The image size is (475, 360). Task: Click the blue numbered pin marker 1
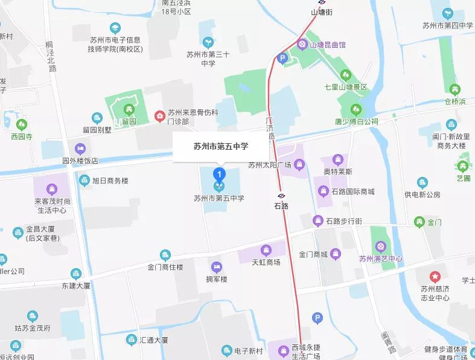pyautogui.click(x=220, y=175)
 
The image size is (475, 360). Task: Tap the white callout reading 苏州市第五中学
pyautogui.click(x=220, y=146)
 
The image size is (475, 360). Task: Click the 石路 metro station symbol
pyautogui.click(x=281, y=196)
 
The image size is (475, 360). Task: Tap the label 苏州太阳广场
pyautogui.click(x=270, y=165)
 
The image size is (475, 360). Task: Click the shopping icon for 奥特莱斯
pyautogui.click(x=338, y=161)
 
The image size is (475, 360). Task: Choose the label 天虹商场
pyautogui.click(x=266, y=262)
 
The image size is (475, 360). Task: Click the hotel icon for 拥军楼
pyautogui.click(x=216, y=267)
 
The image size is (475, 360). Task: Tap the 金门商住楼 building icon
pyautogui.click(x=165, y=255)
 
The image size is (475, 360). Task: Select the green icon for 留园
pyautogui.click(x=129, y=110)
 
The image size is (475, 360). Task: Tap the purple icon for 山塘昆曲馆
pyautogui.click(x=301, y=44)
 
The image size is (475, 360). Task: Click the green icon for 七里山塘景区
pyautogui.click(x=346, y=75)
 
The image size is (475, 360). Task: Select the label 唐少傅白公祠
pyautogui.click(x=356, y=121)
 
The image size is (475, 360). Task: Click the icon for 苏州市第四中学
pyautogui.click(x=447, y=13)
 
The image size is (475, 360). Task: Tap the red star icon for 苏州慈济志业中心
pyautogui.click(x=435, y=276)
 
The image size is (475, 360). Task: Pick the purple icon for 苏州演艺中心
pyautogui.click(x=380, y=246)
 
